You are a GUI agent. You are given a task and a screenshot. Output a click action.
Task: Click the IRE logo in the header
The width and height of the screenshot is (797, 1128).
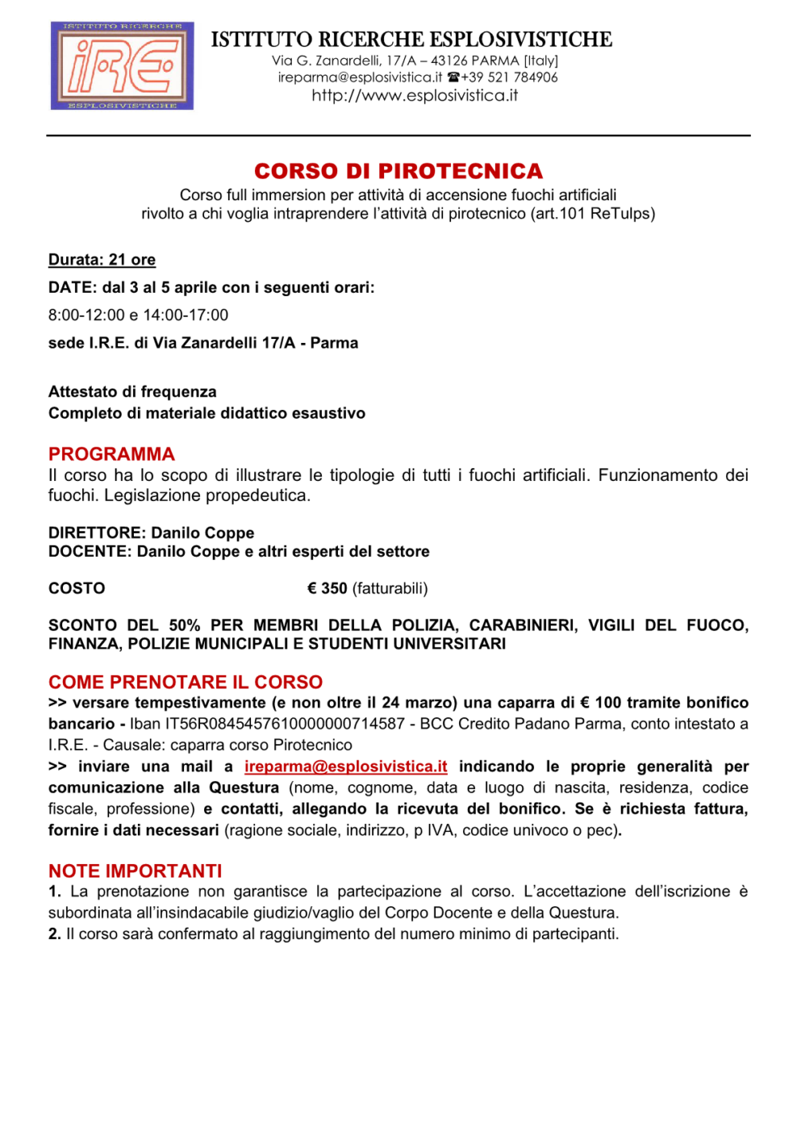pyautogui.click(x=122, y=65)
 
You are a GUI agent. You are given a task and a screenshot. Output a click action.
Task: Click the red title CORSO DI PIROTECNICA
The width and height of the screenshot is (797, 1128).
pyautogui.click(x=398, y=172)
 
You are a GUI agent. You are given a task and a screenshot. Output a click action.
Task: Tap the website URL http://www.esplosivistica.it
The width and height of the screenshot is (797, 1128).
pyautogui.click(x=414, y=96)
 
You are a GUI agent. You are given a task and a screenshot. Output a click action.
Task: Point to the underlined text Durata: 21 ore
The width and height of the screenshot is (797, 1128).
pyautogui.click(x=102, y=260)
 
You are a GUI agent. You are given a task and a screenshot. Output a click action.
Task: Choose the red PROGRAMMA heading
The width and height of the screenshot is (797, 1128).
pyautogui.click(x=112, y=454)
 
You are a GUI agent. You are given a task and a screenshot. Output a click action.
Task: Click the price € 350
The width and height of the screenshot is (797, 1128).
pyautogui.click(x=327, y=589)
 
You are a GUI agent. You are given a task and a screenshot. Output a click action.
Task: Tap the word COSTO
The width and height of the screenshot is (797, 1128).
pyautogui.click(x=77, y=589)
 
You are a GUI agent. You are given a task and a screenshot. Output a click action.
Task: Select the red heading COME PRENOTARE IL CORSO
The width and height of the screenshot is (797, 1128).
pyautogui.click(x=186, y=682)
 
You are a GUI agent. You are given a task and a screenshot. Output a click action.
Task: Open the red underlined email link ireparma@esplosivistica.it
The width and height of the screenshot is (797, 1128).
pyautogui.click(x=346, y=767)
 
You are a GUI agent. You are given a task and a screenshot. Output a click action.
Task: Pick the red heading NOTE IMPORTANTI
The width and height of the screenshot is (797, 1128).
pyautogui.click(x=135, y=871)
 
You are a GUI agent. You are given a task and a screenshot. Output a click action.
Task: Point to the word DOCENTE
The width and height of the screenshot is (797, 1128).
pyautogui.click(x=88, y=552)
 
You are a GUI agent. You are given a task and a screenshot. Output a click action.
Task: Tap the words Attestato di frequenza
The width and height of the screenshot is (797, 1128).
pyautogui.click(x=132, y=392)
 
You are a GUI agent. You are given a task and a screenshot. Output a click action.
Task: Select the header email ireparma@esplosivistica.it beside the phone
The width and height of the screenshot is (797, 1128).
pyautogui.click(x=359, y=77)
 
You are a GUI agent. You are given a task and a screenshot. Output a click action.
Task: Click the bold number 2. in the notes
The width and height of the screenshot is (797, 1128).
pyautogui.click(x=54, y=934)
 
